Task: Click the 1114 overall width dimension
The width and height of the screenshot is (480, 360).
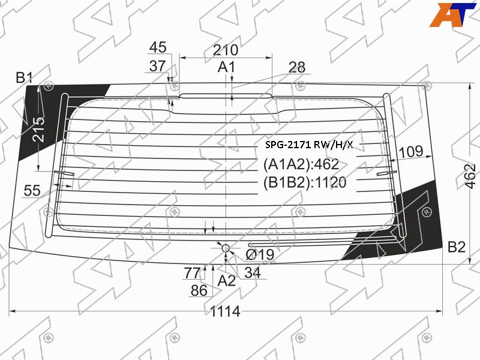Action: click(225, 311)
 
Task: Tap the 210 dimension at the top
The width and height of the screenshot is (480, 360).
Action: click(226, 50)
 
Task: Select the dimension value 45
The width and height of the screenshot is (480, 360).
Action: click(158, 47)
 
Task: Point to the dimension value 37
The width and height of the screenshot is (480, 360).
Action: click(157, 66)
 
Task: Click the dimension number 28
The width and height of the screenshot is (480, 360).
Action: click(296, 67)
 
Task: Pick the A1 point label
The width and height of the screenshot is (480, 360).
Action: click(226, 67)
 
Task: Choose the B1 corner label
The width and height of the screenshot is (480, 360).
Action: click(24, 78)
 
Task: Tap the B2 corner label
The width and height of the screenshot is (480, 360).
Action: click(457, 247)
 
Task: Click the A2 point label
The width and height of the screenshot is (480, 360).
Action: click(227, 280)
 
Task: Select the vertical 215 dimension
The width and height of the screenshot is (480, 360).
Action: click(39, 129)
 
